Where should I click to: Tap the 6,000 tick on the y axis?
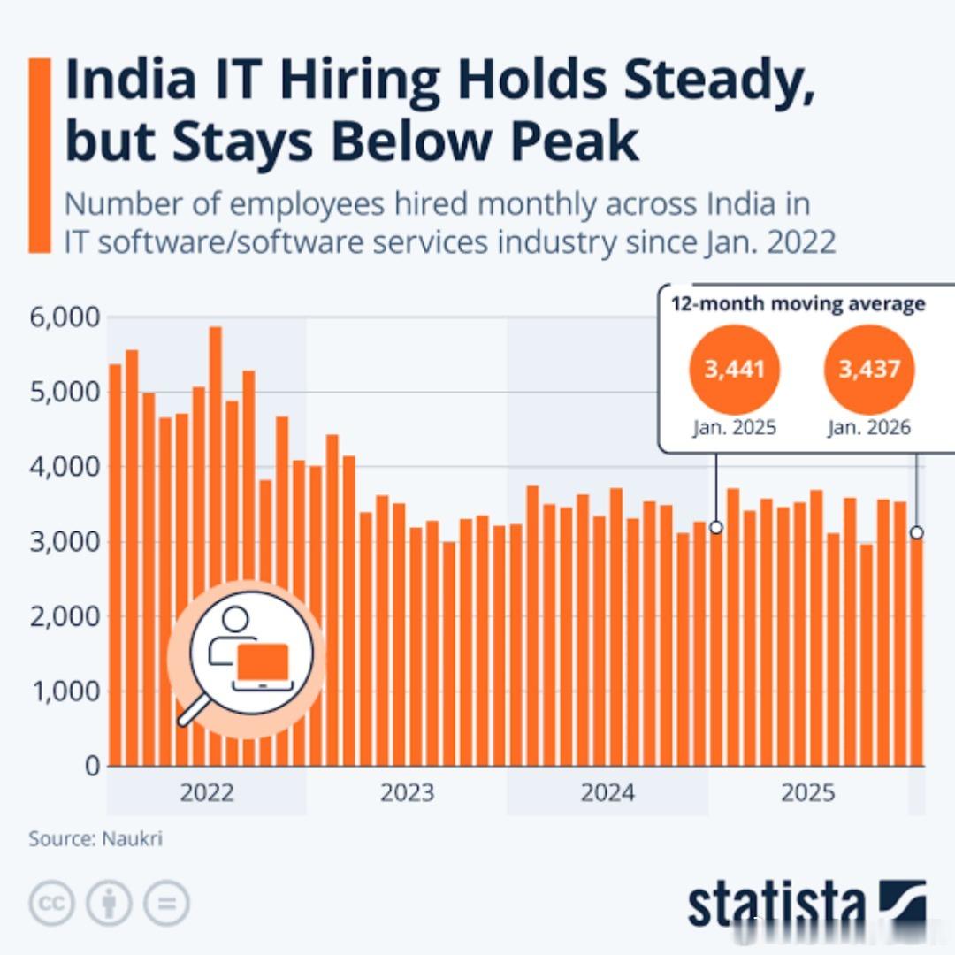coord(65,317)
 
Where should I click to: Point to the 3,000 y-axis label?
coord(65,541)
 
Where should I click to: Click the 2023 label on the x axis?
coord(407,792)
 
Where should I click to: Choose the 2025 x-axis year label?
coord(807,792)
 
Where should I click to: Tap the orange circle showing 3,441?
coord(735,369)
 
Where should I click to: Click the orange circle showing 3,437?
coord(869,369)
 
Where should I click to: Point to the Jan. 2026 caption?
coord(869,428)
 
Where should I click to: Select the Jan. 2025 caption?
coord(735,428)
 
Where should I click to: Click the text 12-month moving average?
coord(798,303)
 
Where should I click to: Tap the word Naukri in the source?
coord(132,838)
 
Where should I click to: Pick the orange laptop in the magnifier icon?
coord(263,662)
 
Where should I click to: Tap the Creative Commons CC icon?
coord(52,903)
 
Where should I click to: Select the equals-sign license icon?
coord(166,903)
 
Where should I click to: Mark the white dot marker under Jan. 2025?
coord(716,527)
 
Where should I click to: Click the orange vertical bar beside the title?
coord(40,156)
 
